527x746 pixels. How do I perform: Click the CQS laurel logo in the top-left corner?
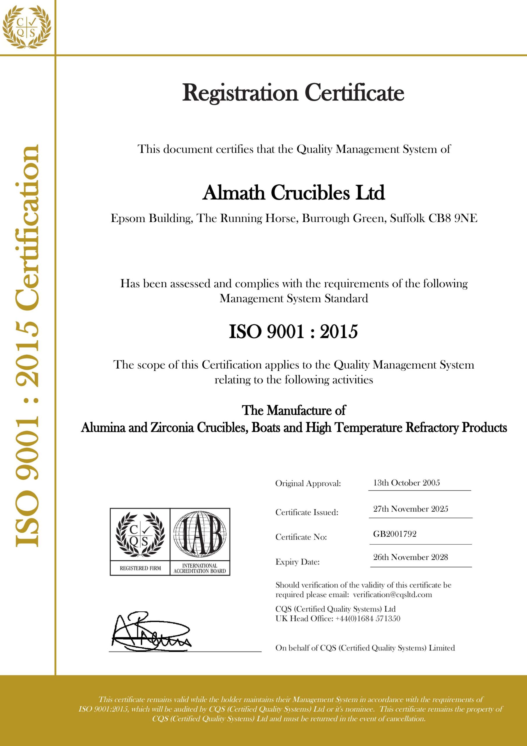27,27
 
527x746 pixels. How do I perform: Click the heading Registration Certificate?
293,93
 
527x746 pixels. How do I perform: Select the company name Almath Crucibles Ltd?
293,193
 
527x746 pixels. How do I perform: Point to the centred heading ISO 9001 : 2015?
293,332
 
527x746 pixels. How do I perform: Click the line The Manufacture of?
293,410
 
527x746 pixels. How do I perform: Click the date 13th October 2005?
406,483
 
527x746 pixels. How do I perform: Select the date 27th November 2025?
411,509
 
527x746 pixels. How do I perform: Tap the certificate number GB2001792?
395,534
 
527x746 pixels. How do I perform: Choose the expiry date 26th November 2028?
411,557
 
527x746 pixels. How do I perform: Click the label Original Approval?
308,483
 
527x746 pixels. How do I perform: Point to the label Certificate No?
301,537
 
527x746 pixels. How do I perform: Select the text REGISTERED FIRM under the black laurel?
140,568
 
